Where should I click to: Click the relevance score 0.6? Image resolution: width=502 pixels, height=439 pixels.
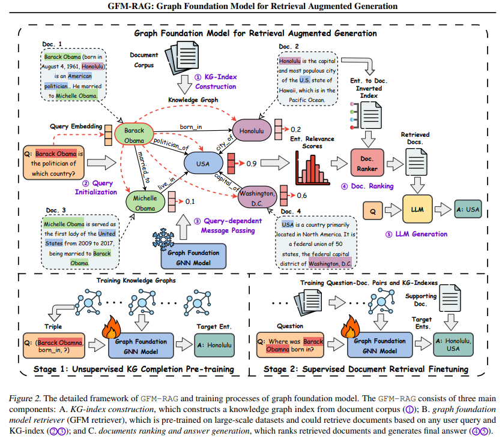(301, 196)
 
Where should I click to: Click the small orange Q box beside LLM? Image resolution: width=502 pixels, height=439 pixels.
(373, 210)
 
